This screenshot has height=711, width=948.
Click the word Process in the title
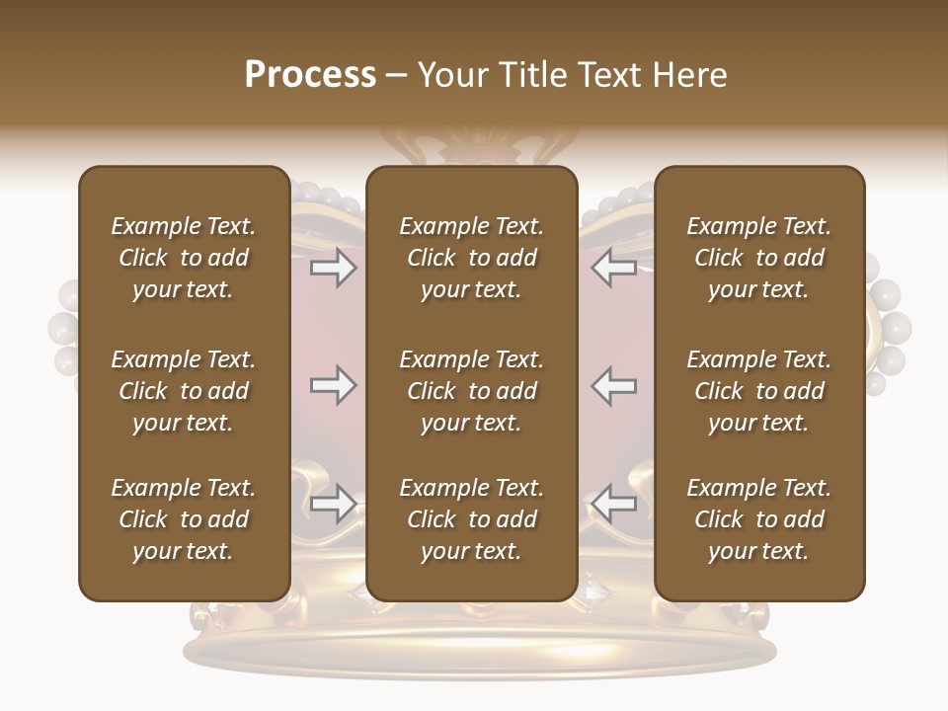pyautogui.click(x=310, y=75)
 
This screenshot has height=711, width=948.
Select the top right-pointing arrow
pyautogui.click(x=333, y=268)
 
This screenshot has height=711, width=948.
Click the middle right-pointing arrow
pyautogui.click(x=333, y=385)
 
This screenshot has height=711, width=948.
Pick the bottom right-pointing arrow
pyautogui.click(x=333, y=504)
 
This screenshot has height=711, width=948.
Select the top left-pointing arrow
pyautogui.click(x=614, y=268)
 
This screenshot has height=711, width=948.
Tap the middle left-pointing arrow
pyautogui.click(x=614, y=385)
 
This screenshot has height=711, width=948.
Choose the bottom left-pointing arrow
pyautogui.click(x=614, y=504)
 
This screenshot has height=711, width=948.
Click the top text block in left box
pyautogui.click(x=184, y=258)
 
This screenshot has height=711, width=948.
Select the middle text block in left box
pyautogui.click(x=184, y=391)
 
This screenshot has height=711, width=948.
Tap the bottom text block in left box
pyautogui.click(x=184, y=519)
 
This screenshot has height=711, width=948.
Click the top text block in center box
pyautogui.click(x=471, y=258)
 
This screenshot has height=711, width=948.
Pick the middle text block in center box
pyautogui.click(x=471, y=391)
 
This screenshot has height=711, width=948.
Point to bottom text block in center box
pyautogui.click(x=471, y=519)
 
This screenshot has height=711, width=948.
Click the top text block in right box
pyautogui.click(x=758, y=258)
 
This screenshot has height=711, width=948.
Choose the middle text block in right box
pyautogui.click(x=758, y=391)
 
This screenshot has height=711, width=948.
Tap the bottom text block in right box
pyautogui.click(x=758, y=519)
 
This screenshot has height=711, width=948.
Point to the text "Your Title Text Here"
pyautogui.click(x=573, y=75)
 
